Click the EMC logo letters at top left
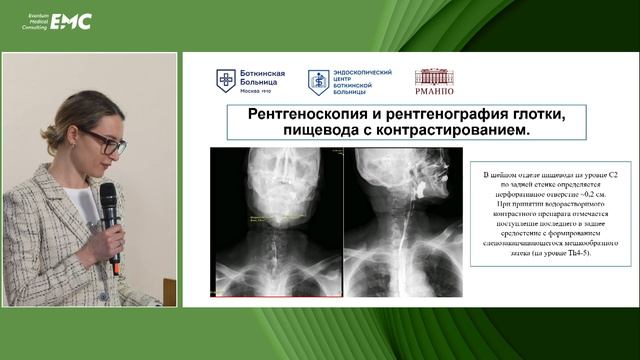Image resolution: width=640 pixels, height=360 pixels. [71, 20]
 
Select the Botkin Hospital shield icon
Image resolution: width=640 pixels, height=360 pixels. [226, 80]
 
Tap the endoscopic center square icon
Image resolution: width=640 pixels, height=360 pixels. [318, 80]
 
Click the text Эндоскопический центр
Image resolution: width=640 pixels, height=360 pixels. [362, 76]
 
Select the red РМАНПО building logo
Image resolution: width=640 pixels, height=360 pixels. [434, 78]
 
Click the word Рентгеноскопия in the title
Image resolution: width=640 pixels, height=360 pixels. [292, 116]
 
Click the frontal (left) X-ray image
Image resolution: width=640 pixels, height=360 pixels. [272, 220]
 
